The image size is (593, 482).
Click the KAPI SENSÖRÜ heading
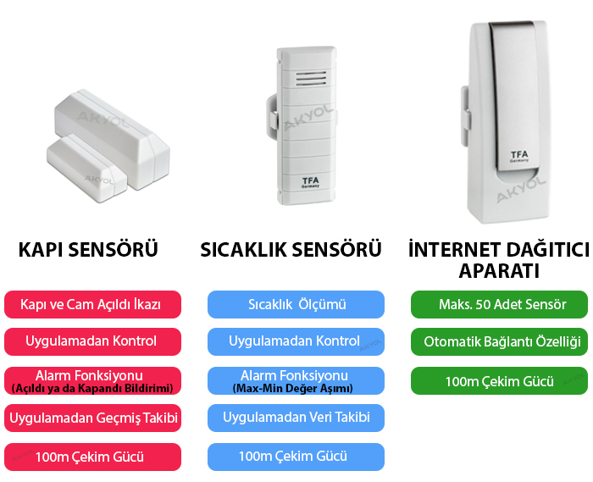coord(89,250)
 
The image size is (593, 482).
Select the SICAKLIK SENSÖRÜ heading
coord(291,250)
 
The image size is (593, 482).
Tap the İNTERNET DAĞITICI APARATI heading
coord(498,260)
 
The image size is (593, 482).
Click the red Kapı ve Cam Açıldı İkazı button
coord(92,303)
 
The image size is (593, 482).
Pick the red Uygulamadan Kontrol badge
coord(92,341)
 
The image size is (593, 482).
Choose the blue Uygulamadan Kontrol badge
coord(295,341)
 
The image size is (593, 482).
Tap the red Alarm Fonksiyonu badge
coord(92,380)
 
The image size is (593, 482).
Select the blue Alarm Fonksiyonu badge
coord(295,380)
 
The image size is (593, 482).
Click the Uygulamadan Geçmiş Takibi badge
coord(92,417)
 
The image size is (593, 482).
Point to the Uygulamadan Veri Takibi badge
coord(295,417)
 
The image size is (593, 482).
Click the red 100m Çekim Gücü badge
coord(92,457)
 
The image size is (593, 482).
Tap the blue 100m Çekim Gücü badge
coord(295,457)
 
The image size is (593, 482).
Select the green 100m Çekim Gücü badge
coord(499,381)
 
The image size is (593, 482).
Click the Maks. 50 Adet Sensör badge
coord(499,304)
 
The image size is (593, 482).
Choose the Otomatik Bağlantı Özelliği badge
coord(499,342)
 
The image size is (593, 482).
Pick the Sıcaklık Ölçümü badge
coord(295,304)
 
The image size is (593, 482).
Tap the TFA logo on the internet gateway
coord(518,156)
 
